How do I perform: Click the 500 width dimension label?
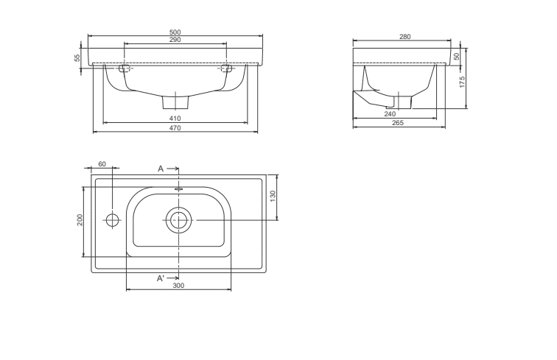pos(175,32)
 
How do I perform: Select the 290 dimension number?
pos(175,40)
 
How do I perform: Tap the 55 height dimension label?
pos(77,58)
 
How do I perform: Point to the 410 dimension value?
pos(175,119)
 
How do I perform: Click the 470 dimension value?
pos(175,128)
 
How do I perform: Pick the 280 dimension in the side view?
pos(405,37)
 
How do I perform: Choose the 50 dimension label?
pos(457,57)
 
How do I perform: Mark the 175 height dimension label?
pos(462,82)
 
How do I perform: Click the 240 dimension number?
pos(390,114)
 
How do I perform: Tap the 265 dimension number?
pos(398,123)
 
